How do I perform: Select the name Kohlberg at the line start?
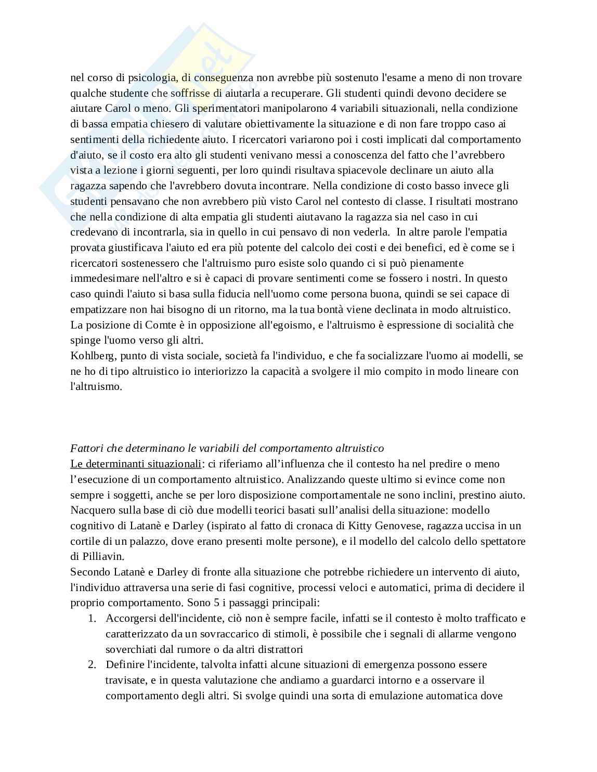[91, 356]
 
